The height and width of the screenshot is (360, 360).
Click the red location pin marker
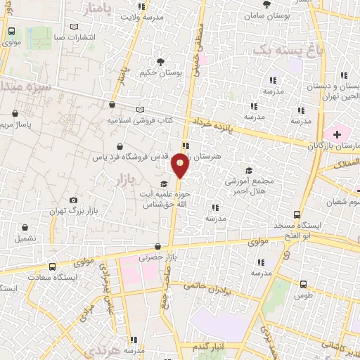pos(180,165)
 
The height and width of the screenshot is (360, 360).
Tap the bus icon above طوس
pos(303,285)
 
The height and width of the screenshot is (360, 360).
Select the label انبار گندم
pos(210,345)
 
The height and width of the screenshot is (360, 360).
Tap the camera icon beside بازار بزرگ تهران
pos(72,200)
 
